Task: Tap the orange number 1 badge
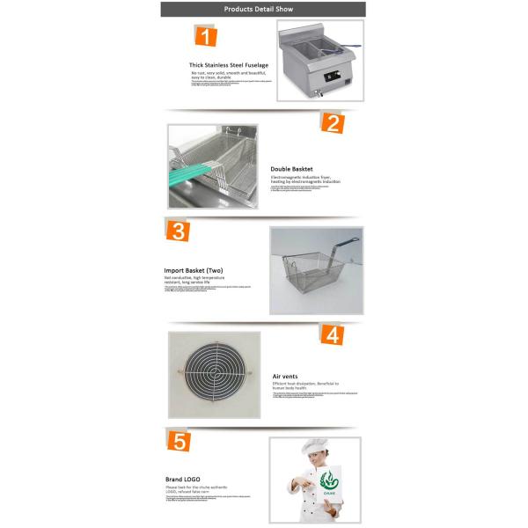click(204, 37)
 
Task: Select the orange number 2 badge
click(332, 122)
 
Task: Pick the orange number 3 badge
click(179, 231)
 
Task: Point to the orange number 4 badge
click(332, 335)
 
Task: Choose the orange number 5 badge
click(179, 441)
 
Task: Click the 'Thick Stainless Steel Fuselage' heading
click(229, 65)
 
